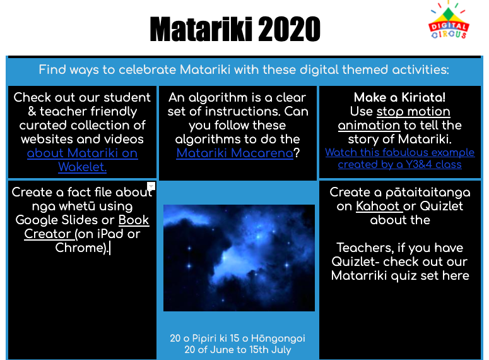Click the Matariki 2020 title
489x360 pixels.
235,29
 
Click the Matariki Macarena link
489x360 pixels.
235,153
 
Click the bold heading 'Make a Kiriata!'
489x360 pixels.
399,97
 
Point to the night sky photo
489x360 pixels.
239,258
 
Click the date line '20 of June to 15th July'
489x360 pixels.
238,349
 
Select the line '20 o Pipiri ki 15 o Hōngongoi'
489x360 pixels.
238,339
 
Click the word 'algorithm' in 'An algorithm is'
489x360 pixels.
218,97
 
